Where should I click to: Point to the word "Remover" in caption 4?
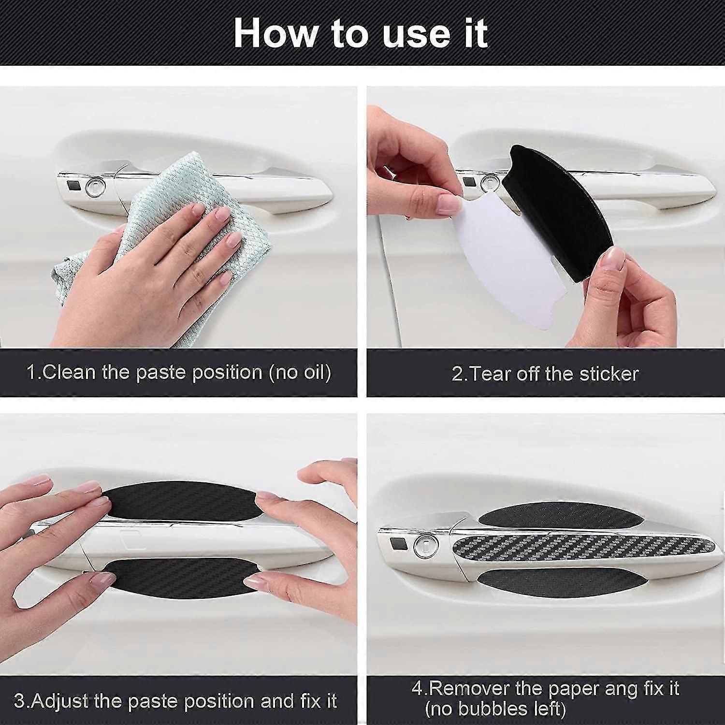[x=474, y=688]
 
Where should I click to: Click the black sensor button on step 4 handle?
[x=399, y=543]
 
